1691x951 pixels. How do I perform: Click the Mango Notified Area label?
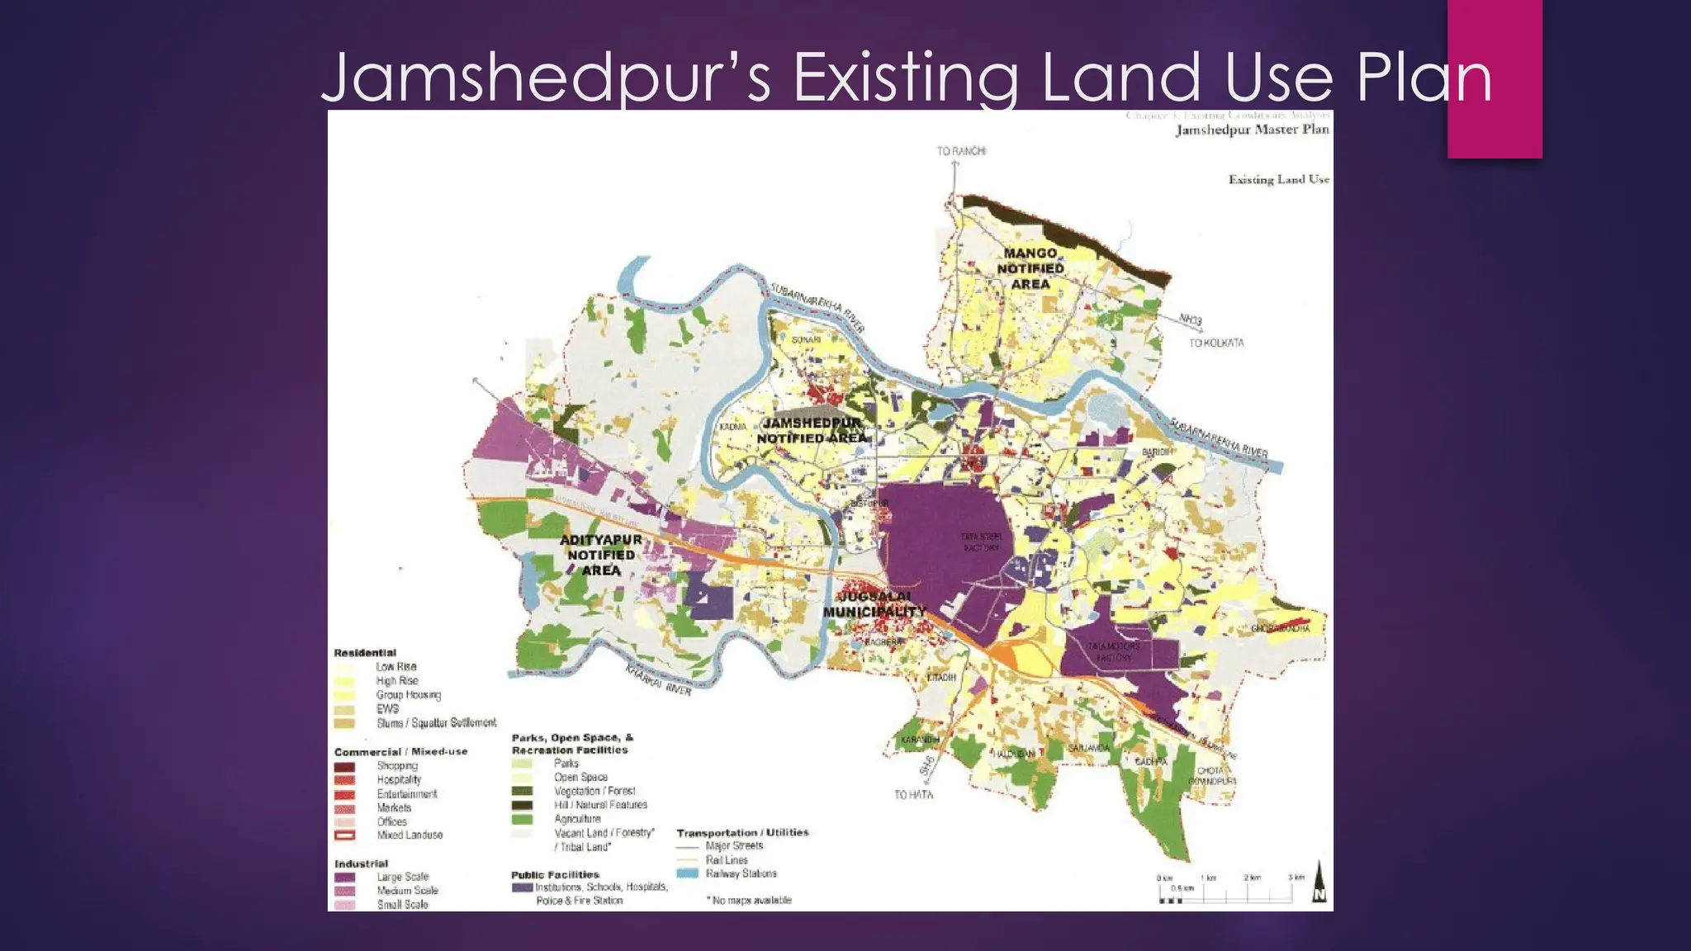point(1030,268)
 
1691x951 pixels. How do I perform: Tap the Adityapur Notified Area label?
point(601,555)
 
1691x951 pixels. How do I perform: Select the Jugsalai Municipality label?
point(874,604)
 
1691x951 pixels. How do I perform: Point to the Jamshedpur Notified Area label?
point(812,430)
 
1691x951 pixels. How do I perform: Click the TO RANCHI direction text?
point(961,151)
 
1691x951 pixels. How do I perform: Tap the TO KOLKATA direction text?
point(1215,343)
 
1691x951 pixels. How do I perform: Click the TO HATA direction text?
point(913,795)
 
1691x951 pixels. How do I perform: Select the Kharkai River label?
point(657,680)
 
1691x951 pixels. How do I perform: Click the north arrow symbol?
point(1319,882)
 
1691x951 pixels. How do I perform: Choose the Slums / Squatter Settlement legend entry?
point(436,723)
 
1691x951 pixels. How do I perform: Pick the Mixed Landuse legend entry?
point(410,835)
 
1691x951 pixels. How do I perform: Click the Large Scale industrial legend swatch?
point(344,878)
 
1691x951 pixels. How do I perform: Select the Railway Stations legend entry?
point(741,873)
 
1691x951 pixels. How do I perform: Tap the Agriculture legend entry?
point(577,819)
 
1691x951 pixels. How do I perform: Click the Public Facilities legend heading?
point(555,874)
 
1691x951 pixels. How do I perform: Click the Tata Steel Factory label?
point(980,542)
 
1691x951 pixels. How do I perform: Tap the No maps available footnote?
point(750,900)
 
